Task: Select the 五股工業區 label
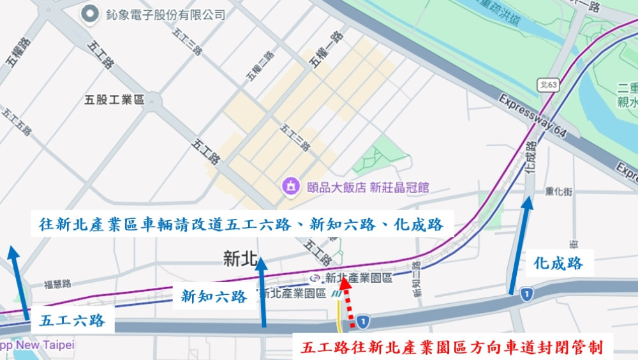click(115, 100)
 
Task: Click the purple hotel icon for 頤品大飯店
click(291, 187)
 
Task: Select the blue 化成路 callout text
click(559, 263)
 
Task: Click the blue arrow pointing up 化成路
click(519, 246)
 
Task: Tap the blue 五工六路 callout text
click(72, 320)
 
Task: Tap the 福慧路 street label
click(57, 285)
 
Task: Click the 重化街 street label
click(559, 191)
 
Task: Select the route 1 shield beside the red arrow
click(362, 321)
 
